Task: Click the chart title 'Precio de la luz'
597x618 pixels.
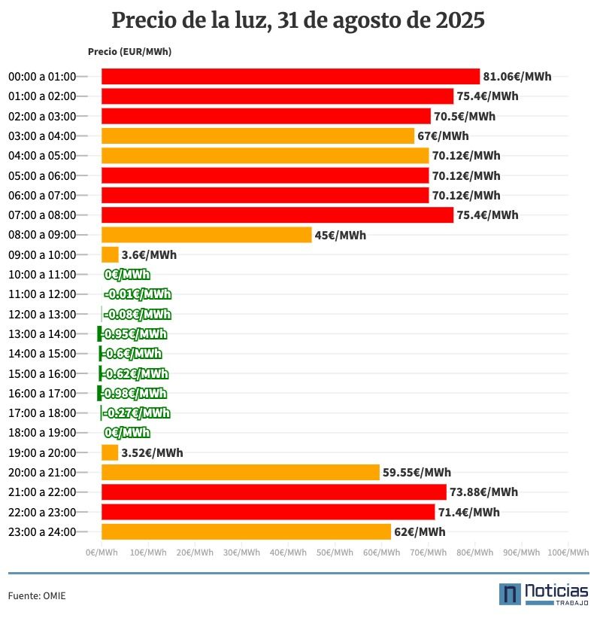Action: tap(298, 21)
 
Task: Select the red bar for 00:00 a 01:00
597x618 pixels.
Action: tap(290, 76)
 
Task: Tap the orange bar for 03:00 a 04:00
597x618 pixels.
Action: tap(258, 135)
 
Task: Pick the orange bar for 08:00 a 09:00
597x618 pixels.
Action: tap(206, 235)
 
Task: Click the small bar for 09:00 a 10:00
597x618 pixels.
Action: tap(110, 254)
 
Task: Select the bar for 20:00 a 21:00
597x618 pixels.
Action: tap(240, 472)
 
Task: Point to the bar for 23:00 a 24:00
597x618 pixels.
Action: tap(246, 531)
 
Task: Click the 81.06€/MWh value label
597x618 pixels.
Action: tap(517, 77)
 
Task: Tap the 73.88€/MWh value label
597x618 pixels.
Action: tap(483, 492)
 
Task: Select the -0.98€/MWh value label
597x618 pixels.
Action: tap(134, 393)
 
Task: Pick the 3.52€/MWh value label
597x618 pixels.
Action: tap(152, 452)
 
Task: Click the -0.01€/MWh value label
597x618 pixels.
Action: tap(138, 294)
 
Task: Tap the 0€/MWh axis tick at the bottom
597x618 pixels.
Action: tap(102, 553)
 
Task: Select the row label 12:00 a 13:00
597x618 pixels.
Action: tap(42, 314)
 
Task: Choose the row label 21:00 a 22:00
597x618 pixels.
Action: tap(42, 492)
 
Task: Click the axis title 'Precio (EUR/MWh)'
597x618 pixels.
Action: tap(129, 52)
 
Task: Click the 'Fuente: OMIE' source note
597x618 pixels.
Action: tap(37, 595)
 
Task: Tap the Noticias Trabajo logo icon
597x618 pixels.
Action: tap(511, 593)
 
